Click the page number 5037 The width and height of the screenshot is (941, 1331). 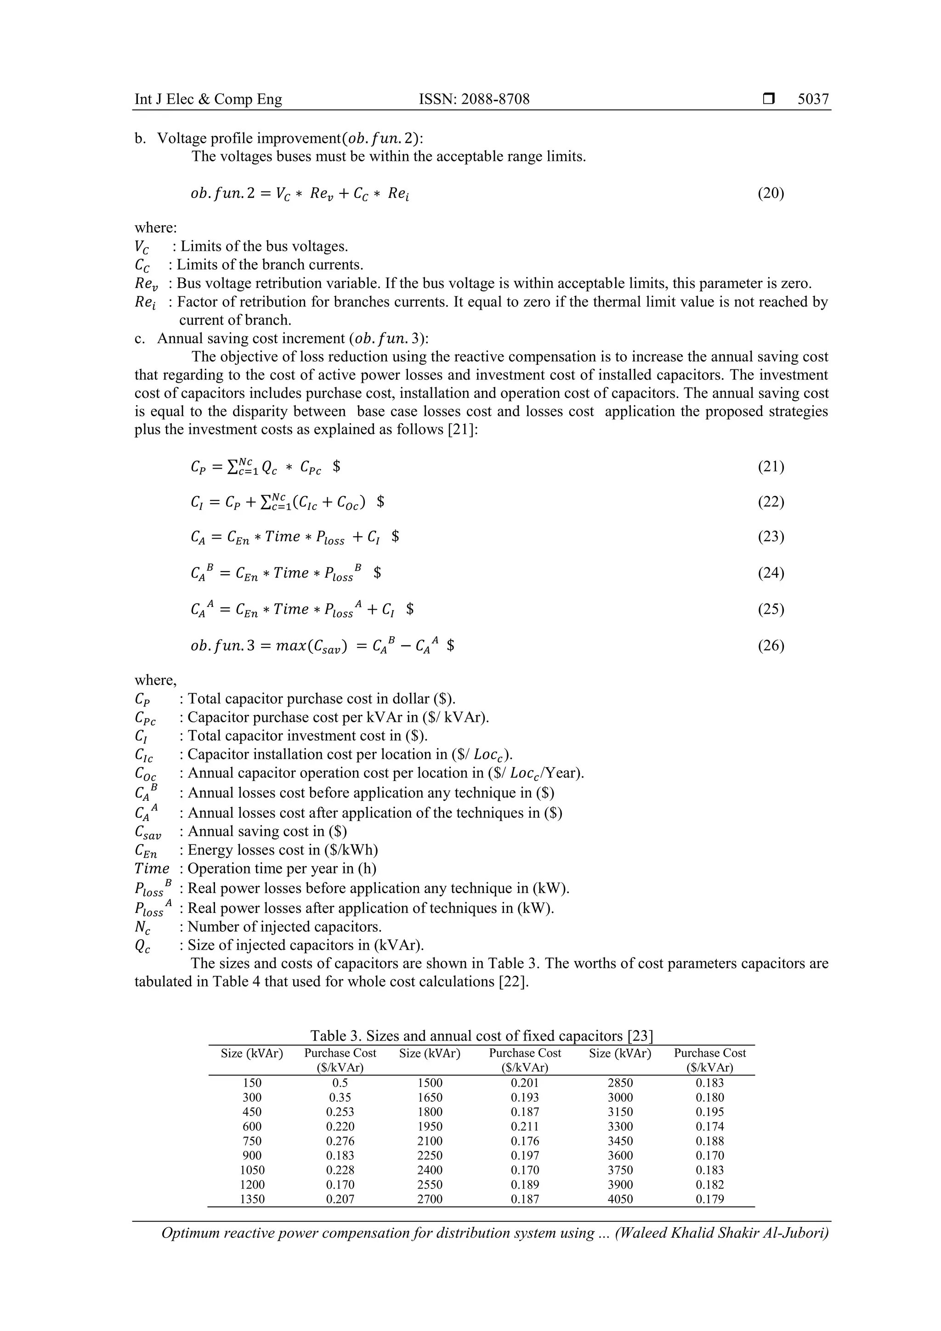coord(813,99)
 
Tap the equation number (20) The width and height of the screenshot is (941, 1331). coord(771,193)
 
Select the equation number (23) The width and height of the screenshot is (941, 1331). coord(771,536)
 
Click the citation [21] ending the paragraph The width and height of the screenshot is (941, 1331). coord(463,430)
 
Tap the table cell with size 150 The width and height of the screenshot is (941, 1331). coord(252,1083)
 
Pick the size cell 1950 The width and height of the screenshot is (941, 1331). coord(430,1127)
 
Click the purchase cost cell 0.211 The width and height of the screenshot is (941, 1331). coord(525,1127)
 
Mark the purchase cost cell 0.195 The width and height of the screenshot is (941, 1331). coord(710,1112)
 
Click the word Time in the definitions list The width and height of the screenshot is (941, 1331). coord(152,868)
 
